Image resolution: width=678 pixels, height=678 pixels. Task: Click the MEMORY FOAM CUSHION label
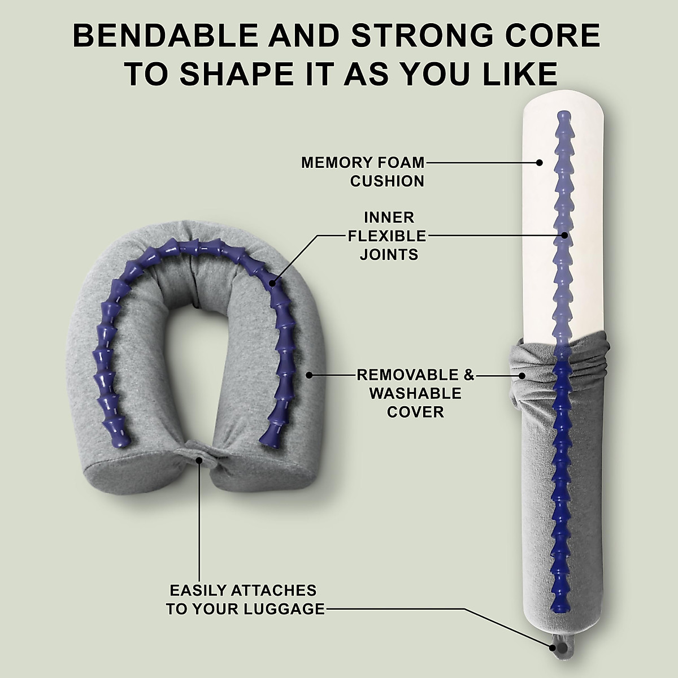click(363, 172)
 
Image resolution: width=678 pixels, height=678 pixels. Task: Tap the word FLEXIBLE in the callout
click(387, 236)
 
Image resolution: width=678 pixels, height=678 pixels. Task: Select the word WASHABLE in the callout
click(415, 393)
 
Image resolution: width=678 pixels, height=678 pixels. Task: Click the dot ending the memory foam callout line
click(539, 163)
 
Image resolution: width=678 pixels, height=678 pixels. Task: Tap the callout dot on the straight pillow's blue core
click(564, 236)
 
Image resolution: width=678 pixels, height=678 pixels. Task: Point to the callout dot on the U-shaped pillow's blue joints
click(273, 283)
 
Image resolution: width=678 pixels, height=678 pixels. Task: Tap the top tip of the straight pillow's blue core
click(564, 112)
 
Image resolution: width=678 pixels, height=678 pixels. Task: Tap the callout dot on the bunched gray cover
click(522, 376)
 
